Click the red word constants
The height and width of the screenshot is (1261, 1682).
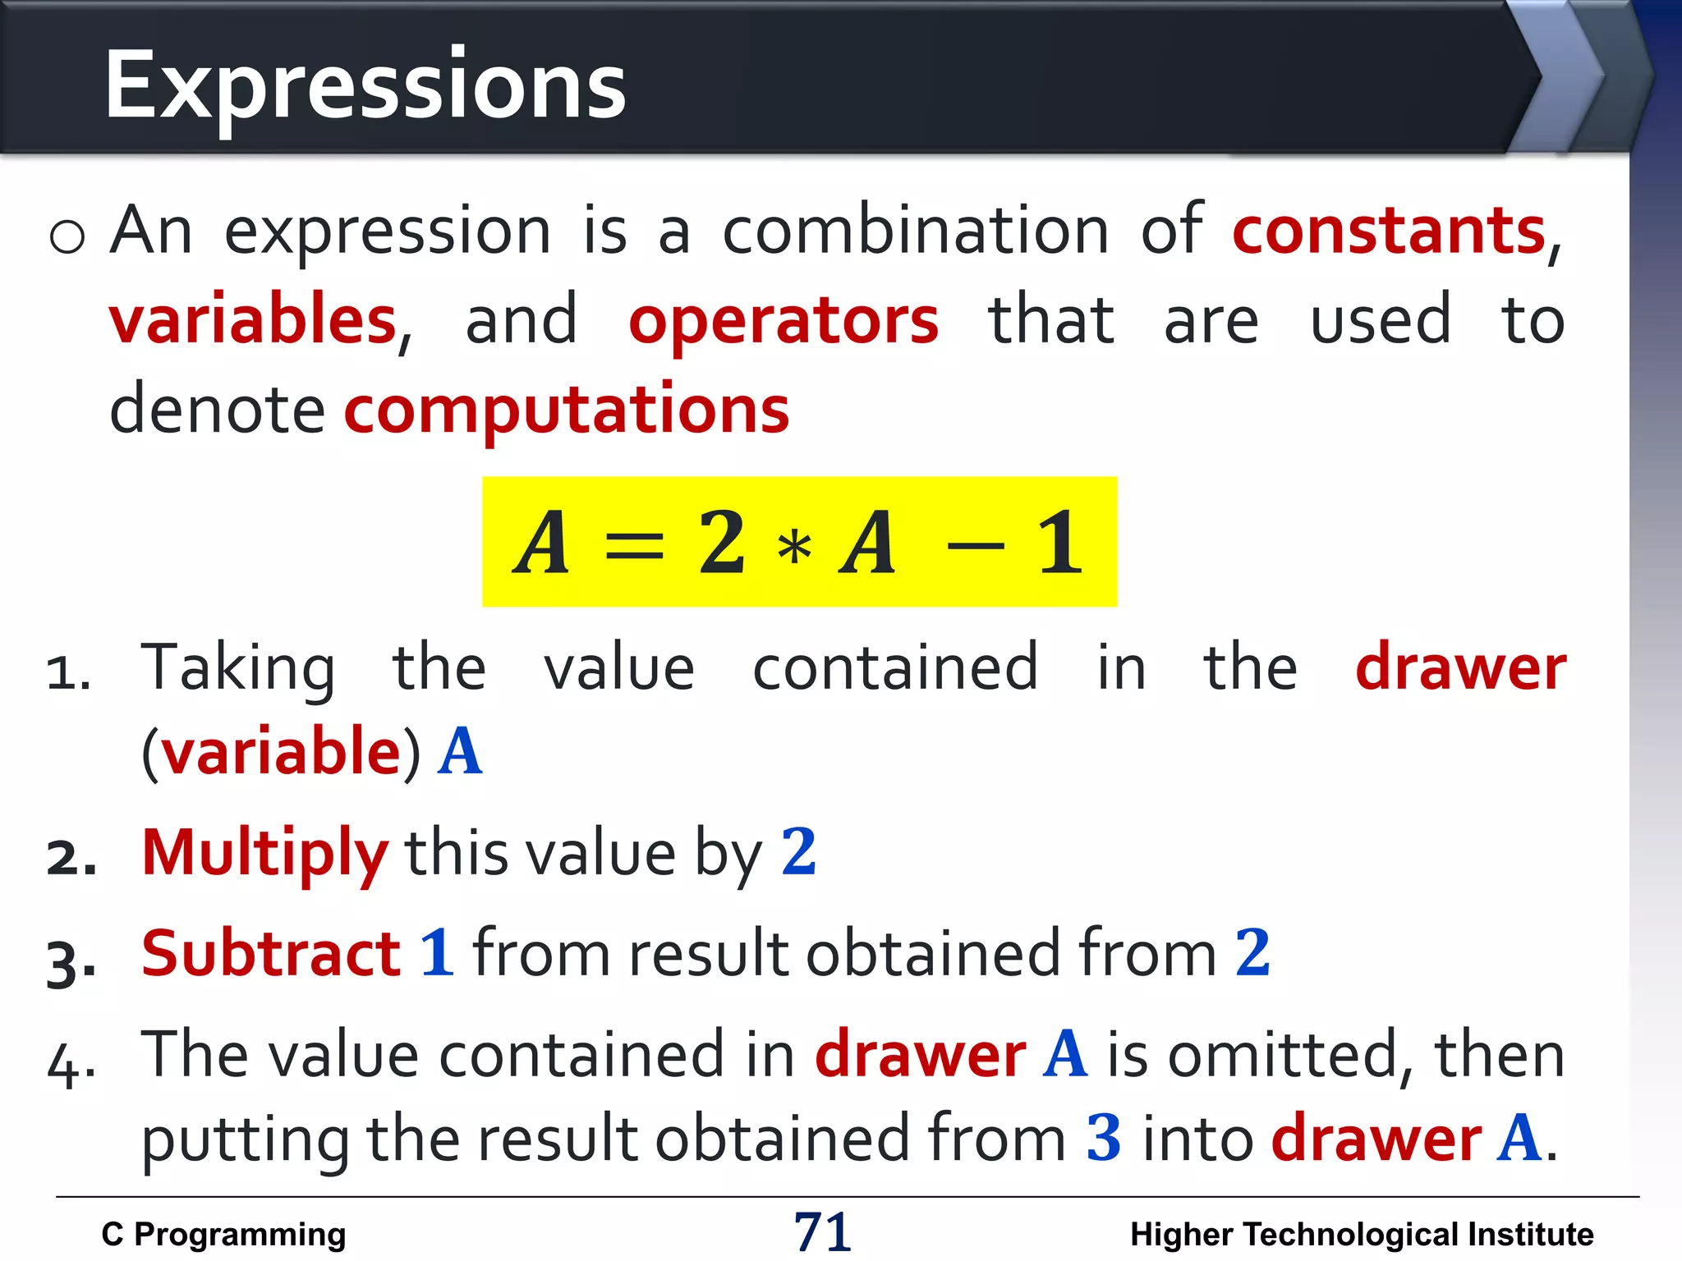click(x=1389, y=232)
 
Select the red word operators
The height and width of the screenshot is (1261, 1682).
click(x=784, y=322)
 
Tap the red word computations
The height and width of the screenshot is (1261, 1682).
click(x=567, y=410)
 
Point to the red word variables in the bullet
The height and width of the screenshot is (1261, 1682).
click(x=253, y=320)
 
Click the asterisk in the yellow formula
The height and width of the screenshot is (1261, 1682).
click(x=794, y=547)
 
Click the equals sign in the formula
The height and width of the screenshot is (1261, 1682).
click(x=633, y=545)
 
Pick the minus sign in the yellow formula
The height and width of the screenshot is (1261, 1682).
click(x=975, y=545)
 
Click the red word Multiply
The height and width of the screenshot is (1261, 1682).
click(x=264, y=854)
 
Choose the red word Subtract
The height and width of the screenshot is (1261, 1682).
click(x=271, y=954)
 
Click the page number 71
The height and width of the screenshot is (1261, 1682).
click(x=822, y=1232)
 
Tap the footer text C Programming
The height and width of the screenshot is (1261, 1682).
click(x=223, y=1234)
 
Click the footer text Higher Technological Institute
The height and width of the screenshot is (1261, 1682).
click(x=1362, y=1234)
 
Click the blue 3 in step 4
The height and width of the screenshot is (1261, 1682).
click(x=1103, y=1139)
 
